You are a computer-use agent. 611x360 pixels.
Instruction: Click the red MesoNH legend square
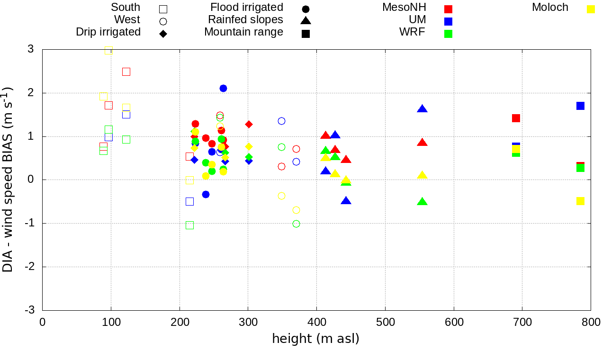[x=448, y=9]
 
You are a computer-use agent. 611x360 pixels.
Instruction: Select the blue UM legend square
[x=448, y=21]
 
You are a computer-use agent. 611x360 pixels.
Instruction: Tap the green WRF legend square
[x=448, y=34]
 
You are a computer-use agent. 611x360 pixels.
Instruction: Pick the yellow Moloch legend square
[x=591, y=9]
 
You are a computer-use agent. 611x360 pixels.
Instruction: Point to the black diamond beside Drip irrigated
[x=163, y=34]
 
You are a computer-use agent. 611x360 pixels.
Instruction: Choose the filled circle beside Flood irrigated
[x=305, y=9]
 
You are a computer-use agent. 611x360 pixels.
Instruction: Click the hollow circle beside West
[x=163, y=21]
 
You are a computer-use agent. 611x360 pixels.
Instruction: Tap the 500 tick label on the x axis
[x=385, y=323]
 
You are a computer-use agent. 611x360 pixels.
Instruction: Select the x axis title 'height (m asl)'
[x=315, y=339]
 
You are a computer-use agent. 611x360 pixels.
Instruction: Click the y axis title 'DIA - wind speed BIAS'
[x=8, y=180]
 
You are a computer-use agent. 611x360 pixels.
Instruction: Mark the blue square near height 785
[x=580, y=106]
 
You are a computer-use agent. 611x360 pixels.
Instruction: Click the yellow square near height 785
[x=580, y=201]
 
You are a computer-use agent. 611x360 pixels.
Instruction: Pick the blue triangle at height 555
[x=422, y=109]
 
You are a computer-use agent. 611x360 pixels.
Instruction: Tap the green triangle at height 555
[x=422, y=202]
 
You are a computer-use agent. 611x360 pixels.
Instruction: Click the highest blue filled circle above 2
[x=223, y=88]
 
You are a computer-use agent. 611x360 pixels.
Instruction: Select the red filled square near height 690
[x=516, y=118]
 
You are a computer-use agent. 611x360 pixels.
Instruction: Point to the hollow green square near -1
[x=189, y=225]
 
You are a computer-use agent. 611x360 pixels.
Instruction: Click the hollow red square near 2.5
[x=126, y=72]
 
